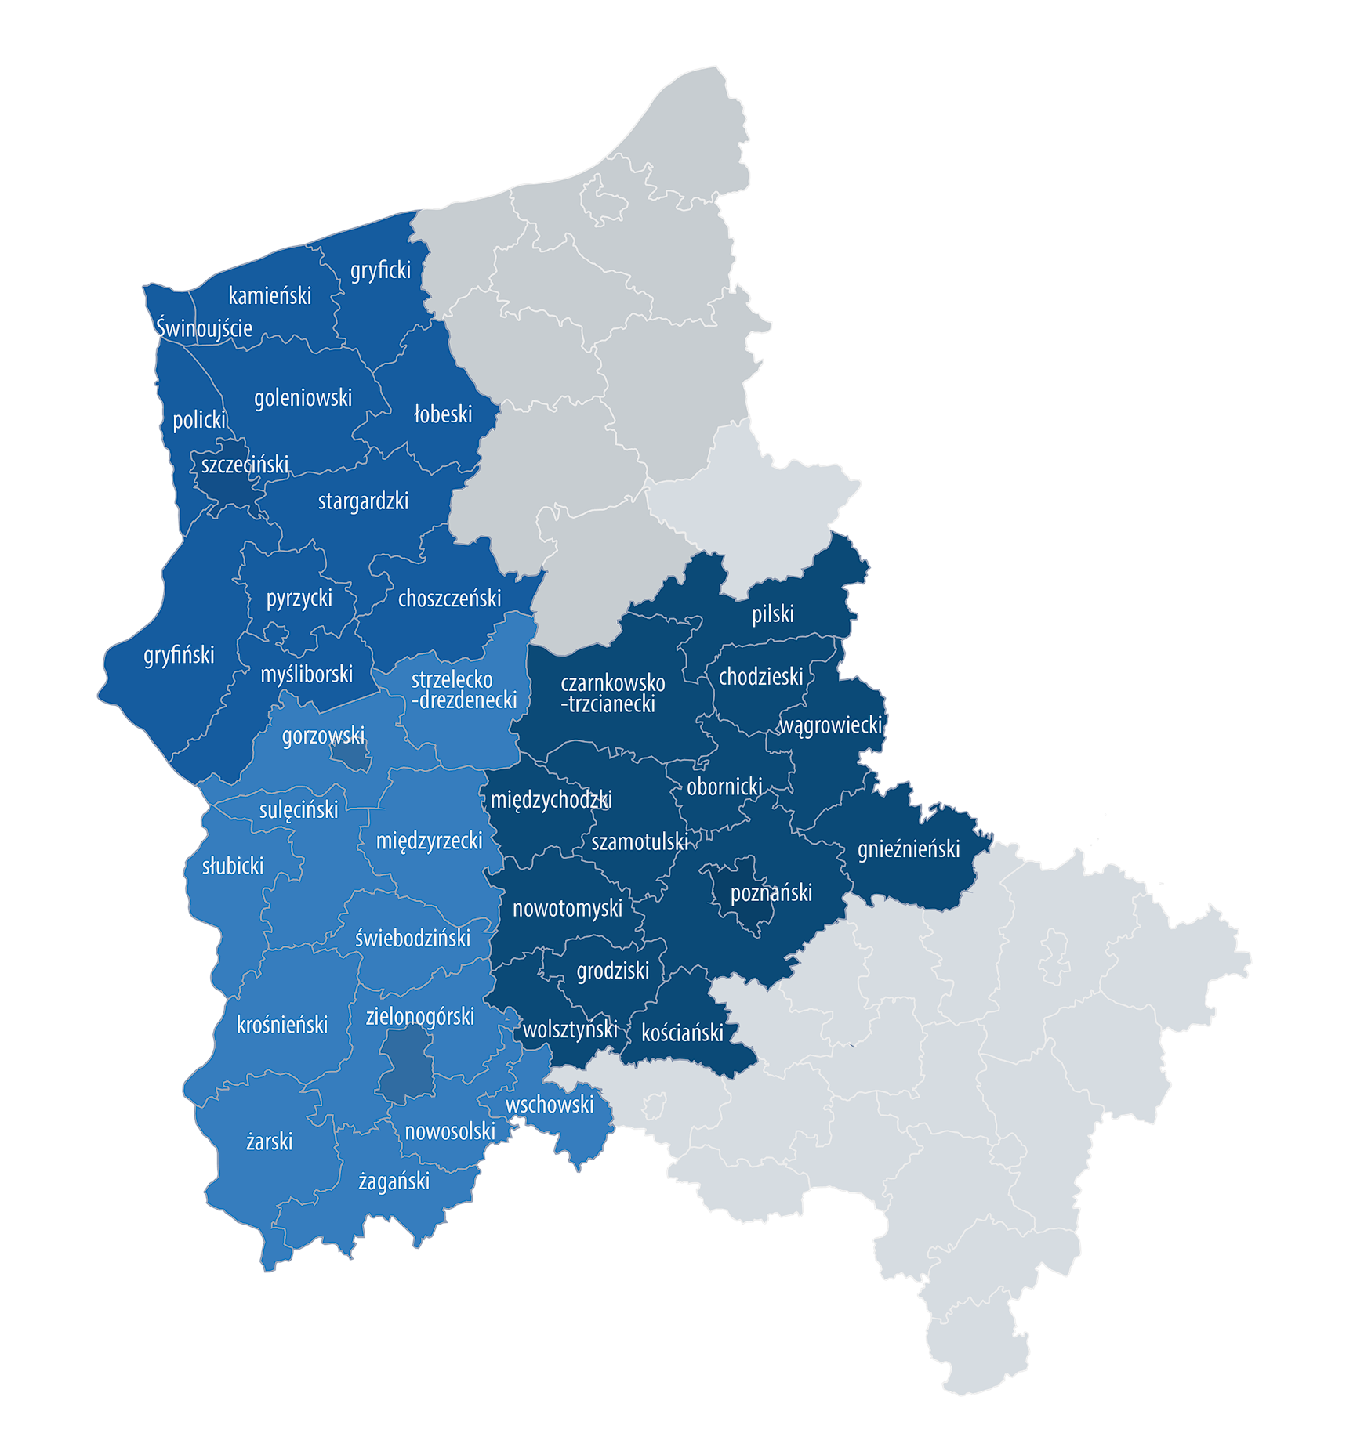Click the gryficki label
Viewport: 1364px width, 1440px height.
click(x=380, y=270)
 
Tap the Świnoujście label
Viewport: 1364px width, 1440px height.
click(x=204, y=327)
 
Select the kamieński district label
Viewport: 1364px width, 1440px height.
click(x=270, y=295)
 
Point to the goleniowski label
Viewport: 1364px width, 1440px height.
click(x=303, y=398)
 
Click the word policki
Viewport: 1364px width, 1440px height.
click(x=199, y=420)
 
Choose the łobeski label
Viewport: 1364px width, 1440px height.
click(x=443, y=414)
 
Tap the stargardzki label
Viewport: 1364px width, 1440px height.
click(x=363, y=501)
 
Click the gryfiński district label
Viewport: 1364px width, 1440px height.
click(x=179, y=655)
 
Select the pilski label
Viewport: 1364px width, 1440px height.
click(x=773, y=614)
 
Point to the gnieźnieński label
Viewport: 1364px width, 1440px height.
click(x=909, y=849)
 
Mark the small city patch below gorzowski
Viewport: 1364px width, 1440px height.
click(x=350, y=757)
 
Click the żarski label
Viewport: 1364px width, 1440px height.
click(x=269, y=1142)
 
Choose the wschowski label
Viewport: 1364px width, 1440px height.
click(x=550, y=1105)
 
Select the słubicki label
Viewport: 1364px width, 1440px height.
click(x=233, y=866)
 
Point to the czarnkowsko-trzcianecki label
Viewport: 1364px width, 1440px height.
click(x=611, y=693)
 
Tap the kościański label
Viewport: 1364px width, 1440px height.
click(x=682, y=1033)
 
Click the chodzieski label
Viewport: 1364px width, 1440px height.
click(x=760, y=676)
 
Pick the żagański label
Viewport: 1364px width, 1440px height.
click(x=394, y=1181)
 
